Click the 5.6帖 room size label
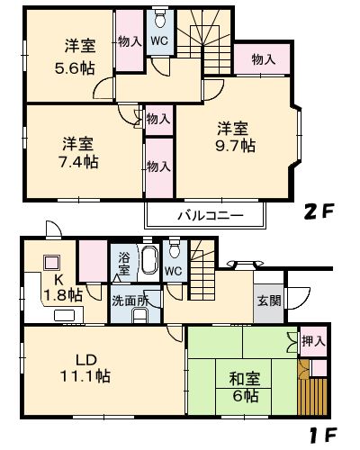[x=75, y=67]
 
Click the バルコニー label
[x=206, y=217]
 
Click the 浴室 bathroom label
[x=123, y=264]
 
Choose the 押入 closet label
[x=310, y=340]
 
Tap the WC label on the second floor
[x=159, y=40]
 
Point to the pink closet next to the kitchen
[x=91, y=263]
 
